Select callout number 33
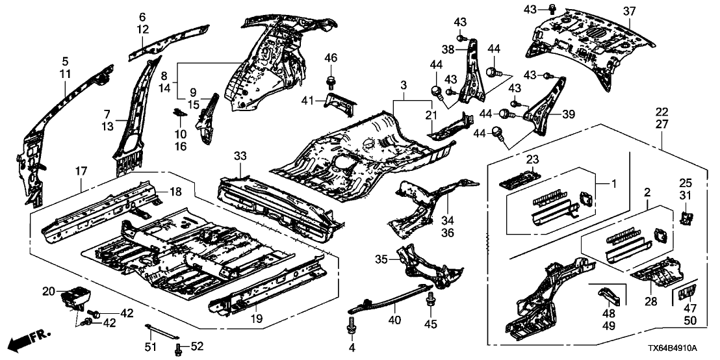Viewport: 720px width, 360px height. (x=240, y=156)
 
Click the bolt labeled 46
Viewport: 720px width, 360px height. (x=330, y=81)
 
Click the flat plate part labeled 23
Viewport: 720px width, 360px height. (x=521, y=177)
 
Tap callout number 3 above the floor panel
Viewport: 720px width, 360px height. (x=404, y=86)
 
